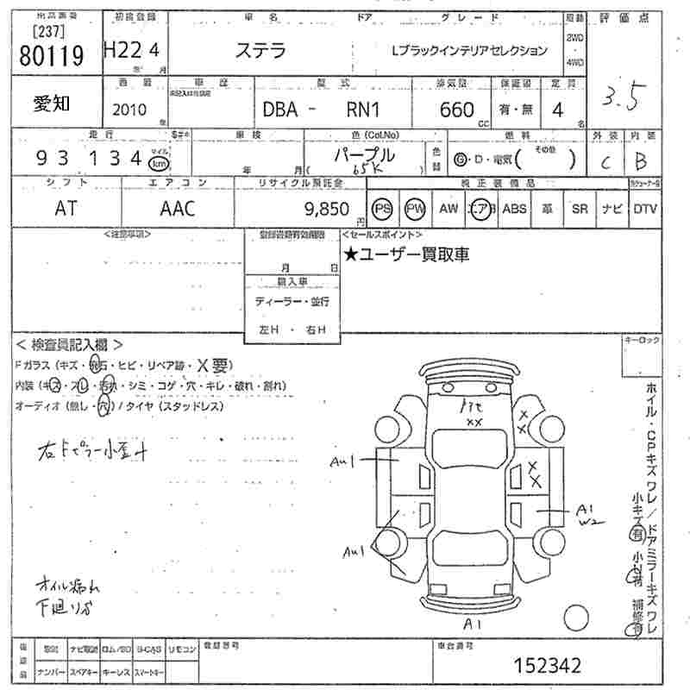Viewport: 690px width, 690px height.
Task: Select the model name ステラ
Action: point(262,50)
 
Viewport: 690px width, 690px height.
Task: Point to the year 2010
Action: point(129,110)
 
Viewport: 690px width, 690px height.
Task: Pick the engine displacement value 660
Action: point(456,110)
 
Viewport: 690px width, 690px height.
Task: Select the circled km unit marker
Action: point(159,162)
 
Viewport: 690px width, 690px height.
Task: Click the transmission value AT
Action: point(66,209)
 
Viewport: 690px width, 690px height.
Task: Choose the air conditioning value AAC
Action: point(178,209)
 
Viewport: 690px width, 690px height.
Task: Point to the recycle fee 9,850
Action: point(328,209)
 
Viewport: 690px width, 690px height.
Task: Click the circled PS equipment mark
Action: point(382,209)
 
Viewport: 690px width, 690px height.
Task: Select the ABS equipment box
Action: point(514,209)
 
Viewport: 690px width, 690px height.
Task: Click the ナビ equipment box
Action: point(612,209)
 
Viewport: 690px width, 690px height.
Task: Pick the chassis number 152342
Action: point(547,665)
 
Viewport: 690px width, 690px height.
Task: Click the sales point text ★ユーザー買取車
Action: point(406,254)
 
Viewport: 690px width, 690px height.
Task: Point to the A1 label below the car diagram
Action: point(472,622)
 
